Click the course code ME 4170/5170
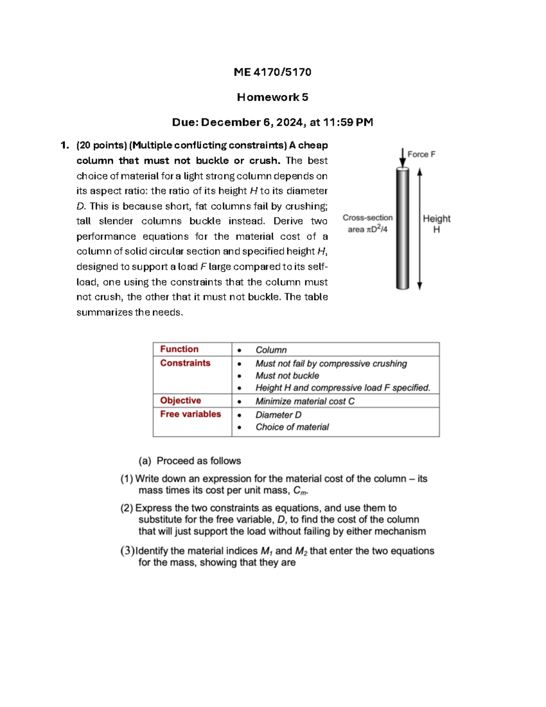click(272, 72)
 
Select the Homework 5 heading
click(272, 97)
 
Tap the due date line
click(272, 122)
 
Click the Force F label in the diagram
click(421, 154)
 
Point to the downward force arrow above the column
click(402, 158)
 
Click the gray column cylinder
click(402, 228)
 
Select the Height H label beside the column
click(436, 224)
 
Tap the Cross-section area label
click(368, 223)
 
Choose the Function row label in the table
click(179, 349)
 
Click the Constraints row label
click(185, 363)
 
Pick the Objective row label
click(181, 400)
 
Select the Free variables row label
click(190, 414)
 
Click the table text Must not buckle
click(287, 376)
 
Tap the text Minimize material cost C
click(305, 401)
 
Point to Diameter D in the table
click(278, 415)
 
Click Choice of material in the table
click(292, 427)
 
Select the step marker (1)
click(126, 478)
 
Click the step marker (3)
click(127, 551)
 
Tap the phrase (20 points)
click(101, 145)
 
